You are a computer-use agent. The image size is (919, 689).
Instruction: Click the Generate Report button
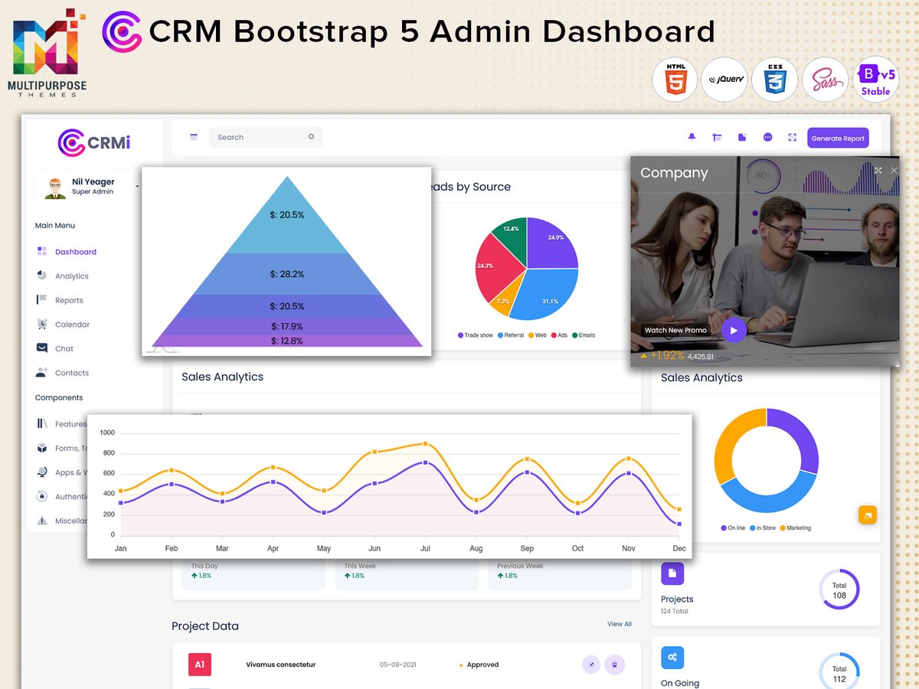pos(838,139)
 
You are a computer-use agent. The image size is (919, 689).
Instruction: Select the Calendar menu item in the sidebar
pos(72,325)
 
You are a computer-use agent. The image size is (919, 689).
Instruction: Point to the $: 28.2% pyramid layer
pos(286,274)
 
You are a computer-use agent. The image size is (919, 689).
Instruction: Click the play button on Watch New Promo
pos(734,331)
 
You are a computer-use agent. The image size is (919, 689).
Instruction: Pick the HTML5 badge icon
pos(675,80)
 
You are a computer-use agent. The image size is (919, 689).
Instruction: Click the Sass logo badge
pos(825,80)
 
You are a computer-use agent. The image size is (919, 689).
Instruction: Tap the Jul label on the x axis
pos(425,548)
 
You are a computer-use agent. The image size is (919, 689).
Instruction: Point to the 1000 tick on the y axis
pos(106,433)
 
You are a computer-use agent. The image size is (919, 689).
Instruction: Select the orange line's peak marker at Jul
pos(425,444)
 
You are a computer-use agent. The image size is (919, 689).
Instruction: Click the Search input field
pos(260,138)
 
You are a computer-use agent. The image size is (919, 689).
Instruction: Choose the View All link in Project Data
pos(619,624)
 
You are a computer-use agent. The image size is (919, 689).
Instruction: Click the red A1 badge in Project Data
pos(199,665)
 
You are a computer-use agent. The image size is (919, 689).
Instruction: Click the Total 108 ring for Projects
pos(839,590)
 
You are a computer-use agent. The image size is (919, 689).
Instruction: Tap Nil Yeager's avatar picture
pos(55,188)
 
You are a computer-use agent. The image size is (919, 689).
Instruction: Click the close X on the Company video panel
pos(894,171)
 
